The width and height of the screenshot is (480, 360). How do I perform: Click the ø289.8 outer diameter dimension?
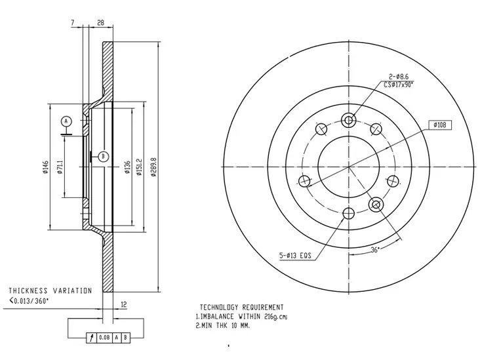tap(153, 167)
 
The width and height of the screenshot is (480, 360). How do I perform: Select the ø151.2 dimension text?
tap(140, 167)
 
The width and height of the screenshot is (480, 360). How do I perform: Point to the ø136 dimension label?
tap(127, 167)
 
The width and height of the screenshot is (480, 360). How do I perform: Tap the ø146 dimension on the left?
tap(46, 167)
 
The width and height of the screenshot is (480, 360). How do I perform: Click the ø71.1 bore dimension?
tap(60, 167)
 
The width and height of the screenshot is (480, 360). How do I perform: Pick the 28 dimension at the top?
tap(100, 23)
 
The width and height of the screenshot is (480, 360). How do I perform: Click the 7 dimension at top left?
tap(73, 23)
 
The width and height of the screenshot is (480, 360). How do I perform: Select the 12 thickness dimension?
tap(124, 305)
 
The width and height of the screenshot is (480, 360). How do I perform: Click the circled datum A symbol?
tap(66, 121)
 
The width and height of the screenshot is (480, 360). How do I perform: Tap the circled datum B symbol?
tap(104, 157)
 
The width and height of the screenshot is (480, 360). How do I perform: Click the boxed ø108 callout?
tap(439, 125)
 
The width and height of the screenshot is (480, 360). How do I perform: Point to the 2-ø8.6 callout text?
tap(399, 77)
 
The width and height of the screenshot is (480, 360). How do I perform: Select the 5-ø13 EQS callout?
tap(295, 255)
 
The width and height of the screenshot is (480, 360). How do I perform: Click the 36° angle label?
tap(375, 250)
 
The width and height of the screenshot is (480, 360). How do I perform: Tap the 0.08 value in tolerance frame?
tap(104, 337)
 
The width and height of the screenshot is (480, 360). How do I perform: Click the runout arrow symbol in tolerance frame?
tap(91, 338)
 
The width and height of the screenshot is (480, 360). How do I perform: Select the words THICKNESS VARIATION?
tap(50, 290)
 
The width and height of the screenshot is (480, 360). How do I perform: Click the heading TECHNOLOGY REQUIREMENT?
tap(242, 307)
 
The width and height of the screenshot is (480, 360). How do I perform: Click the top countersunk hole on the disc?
tap(349, 120)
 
